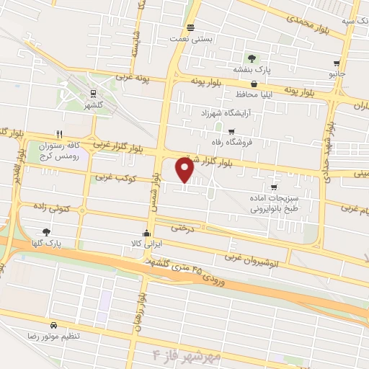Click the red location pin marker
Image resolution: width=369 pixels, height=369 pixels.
[185, 170]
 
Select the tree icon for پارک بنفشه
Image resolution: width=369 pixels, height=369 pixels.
[251, 58]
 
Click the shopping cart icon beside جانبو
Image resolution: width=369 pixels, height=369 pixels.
[337, 63]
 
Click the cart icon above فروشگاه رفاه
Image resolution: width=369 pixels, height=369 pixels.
[231, 131]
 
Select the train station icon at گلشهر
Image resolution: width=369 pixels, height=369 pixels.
[92, 92]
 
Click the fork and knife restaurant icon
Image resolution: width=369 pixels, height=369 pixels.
[59, 134]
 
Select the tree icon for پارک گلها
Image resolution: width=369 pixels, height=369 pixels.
[47, 231]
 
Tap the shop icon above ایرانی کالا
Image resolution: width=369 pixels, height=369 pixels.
[147, 232]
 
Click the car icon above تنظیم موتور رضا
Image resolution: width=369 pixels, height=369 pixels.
[54, 325]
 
